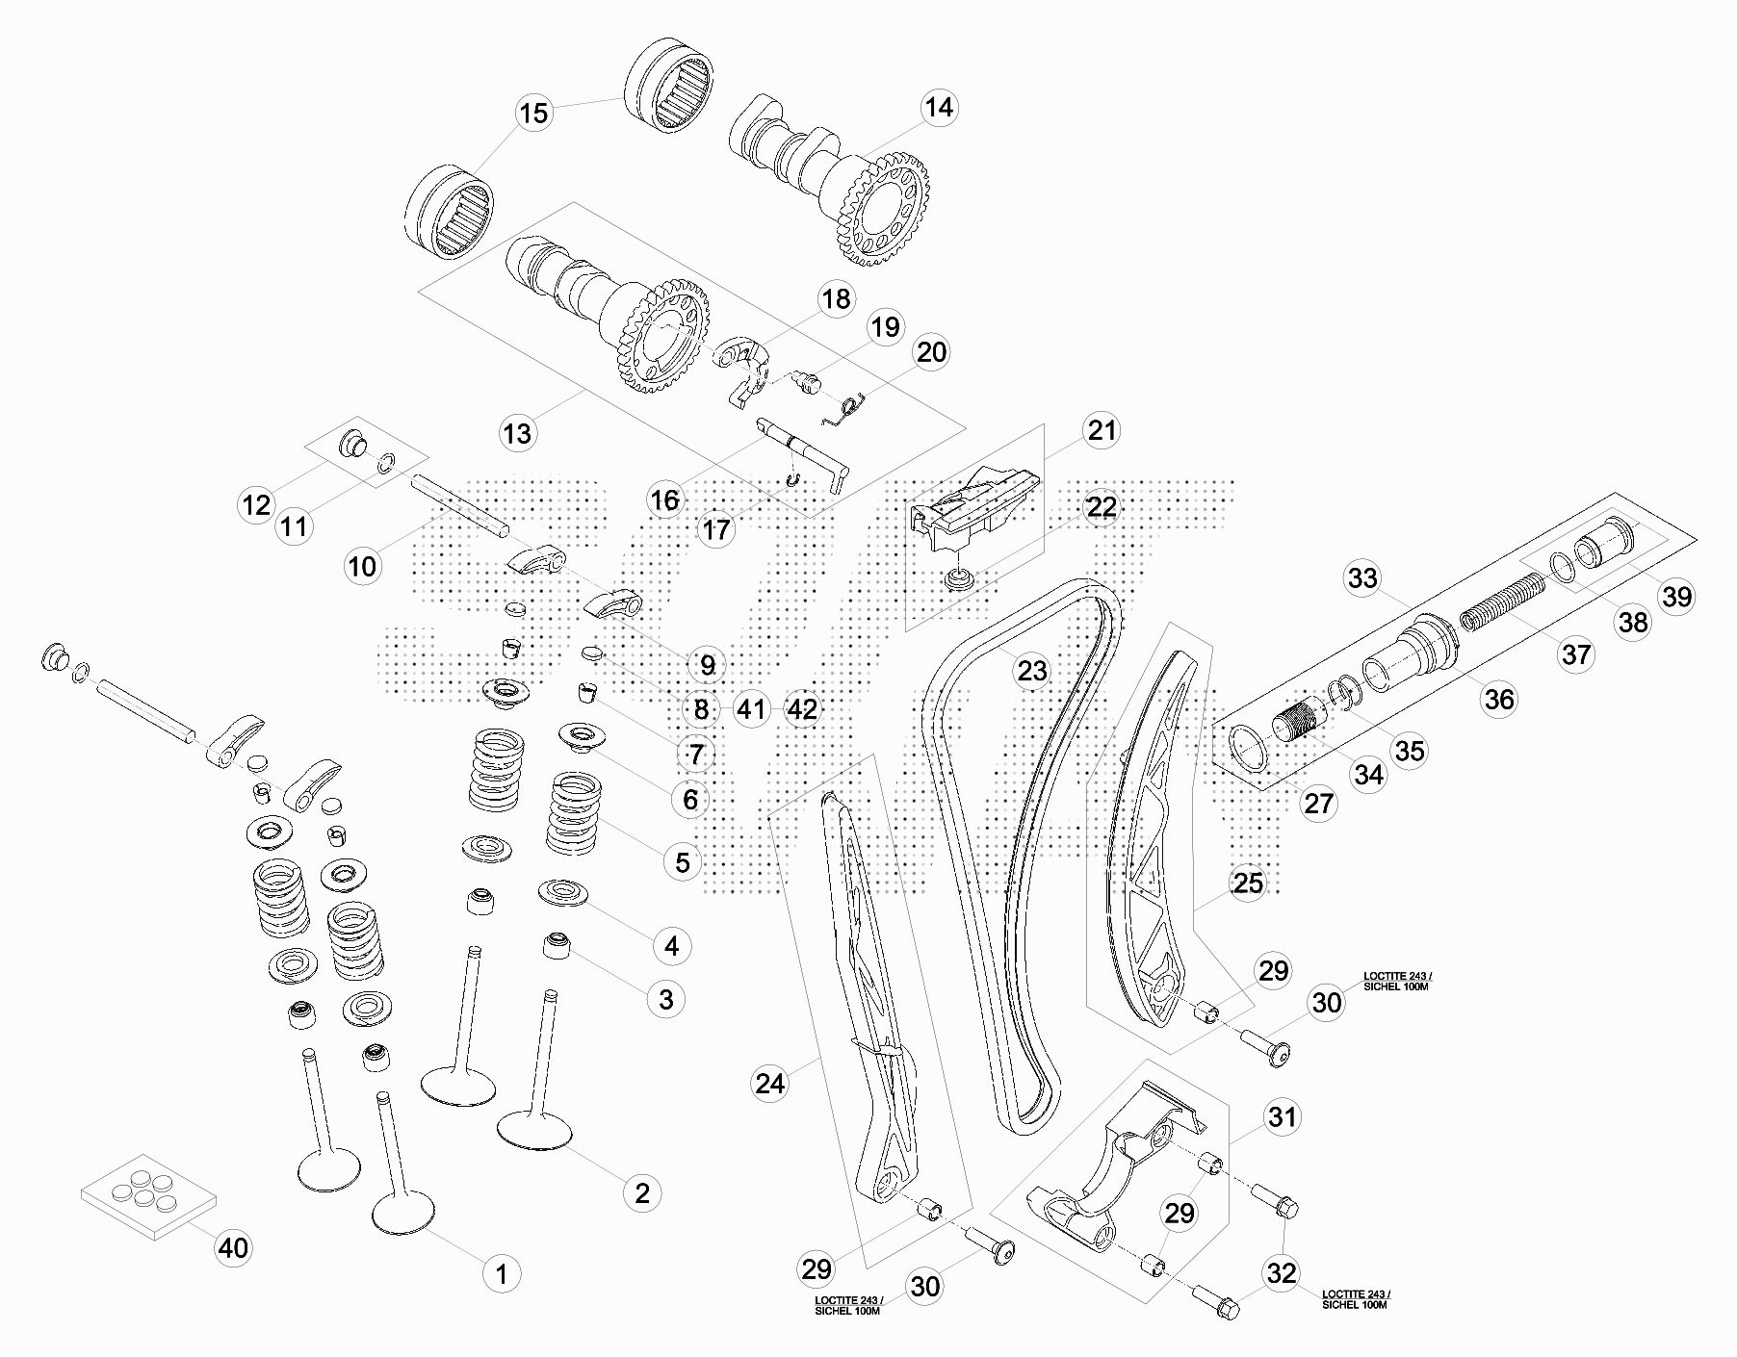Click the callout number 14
pos(938,107)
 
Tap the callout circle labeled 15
pos(532,113)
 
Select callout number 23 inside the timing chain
pos(1032,670)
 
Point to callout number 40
pos(232,1248)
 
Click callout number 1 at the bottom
pos(501,1274)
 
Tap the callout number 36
pos(1498,700)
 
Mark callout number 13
pos(517,433)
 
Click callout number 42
pos(801,709)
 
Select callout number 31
pos(1282,1117)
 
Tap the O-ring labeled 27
pos(1249,751)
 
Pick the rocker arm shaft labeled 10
pos(459,505)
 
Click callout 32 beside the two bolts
pos(1282,1273)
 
